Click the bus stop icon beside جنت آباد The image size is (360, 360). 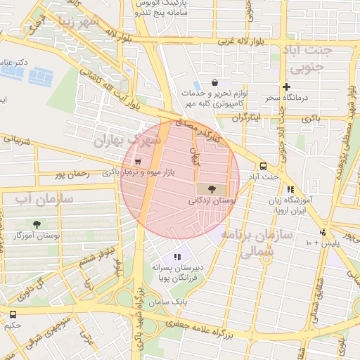pyautogui.click(x=263, y=167)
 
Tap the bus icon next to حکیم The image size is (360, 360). pyautogui.click(x=13, y=314)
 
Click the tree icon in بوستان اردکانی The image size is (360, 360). pyautogui.click(x=212, y=188)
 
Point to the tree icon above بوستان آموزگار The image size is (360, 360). pyautogui.click(x=37, y=224)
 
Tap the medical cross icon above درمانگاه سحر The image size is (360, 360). pyautogui.click(x=286, y=86)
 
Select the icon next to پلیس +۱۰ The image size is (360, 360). pyautogui.click(x=323, y=232)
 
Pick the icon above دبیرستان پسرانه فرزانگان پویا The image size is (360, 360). pyautogui.click(x=178, y=257)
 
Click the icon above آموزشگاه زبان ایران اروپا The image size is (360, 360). pyautogui.click(x=290, y=189)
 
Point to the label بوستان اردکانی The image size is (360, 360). pyautogui.click(x=210, y=200)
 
